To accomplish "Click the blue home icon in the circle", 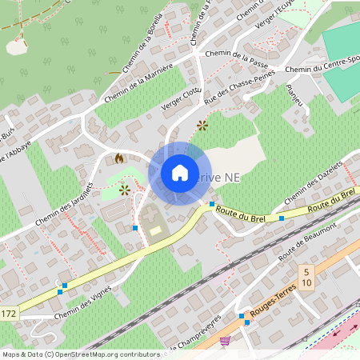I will (179, 172).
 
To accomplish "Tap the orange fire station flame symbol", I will (120, 158).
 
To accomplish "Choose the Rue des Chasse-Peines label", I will (240, 86).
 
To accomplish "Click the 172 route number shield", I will (8, 312).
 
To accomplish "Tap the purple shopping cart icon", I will (226, 340).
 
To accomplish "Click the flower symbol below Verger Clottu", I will (202, 125).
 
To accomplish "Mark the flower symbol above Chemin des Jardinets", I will (125, 190).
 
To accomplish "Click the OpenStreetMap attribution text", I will (81, 354).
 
